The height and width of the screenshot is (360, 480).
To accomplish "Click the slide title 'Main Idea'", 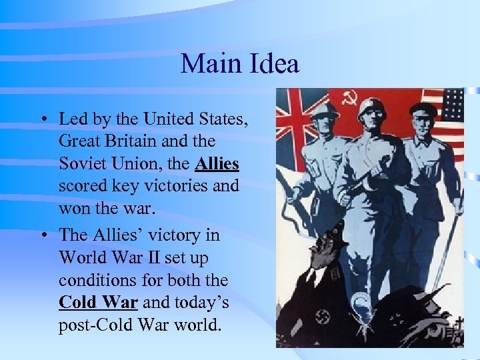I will [239, 65].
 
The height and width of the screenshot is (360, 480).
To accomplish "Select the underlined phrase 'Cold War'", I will [98, 302].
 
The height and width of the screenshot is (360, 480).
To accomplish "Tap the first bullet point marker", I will [42, 121].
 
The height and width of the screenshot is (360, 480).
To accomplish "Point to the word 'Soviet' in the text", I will [83, 163].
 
